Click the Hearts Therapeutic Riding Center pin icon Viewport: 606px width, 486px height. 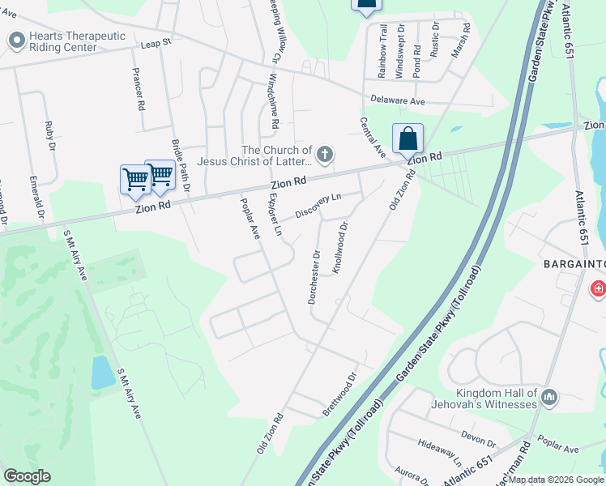16,40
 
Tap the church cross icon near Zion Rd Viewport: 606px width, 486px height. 324,154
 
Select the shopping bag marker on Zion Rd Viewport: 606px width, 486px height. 408,139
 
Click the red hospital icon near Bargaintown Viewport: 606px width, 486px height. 598,288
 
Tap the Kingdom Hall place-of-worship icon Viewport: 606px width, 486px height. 550,397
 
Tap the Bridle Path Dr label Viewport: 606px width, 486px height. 180,165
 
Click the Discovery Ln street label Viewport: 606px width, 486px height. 318,205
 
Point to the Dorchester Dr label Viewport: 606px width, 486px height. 314,276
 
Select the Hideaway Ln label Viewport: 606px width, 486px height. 440,452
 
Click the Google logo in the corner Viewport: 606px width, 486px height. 27,476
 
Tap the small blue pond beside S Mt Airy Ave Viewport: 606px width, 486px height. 103,373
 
